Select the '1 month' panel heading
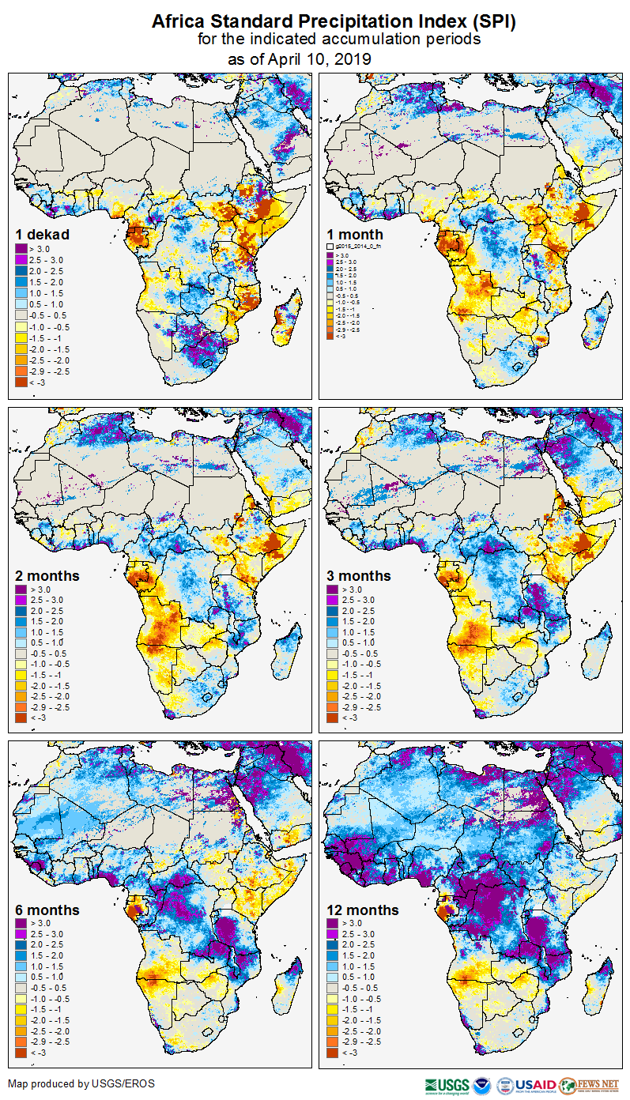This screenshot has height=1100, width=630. (x=355, y=235)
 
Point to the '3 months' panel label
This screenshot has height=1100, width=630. (x=359, y=576)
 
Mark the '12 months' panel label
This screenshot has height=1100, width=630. (x=363, y=910)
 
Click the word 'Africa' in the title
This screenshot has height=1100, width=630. (x=179, y=22)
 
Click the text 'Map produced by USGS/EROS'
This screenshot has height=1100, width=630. (x=81, y=1083)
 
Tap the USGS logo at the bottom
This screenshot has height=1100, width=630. (x=447, y=1085)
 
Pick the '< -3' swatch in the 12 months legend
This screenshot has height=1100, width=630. (x=332, y=1053)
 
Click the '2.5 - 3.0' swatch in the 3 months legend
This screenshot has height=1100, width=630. (x=332, y=601)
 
